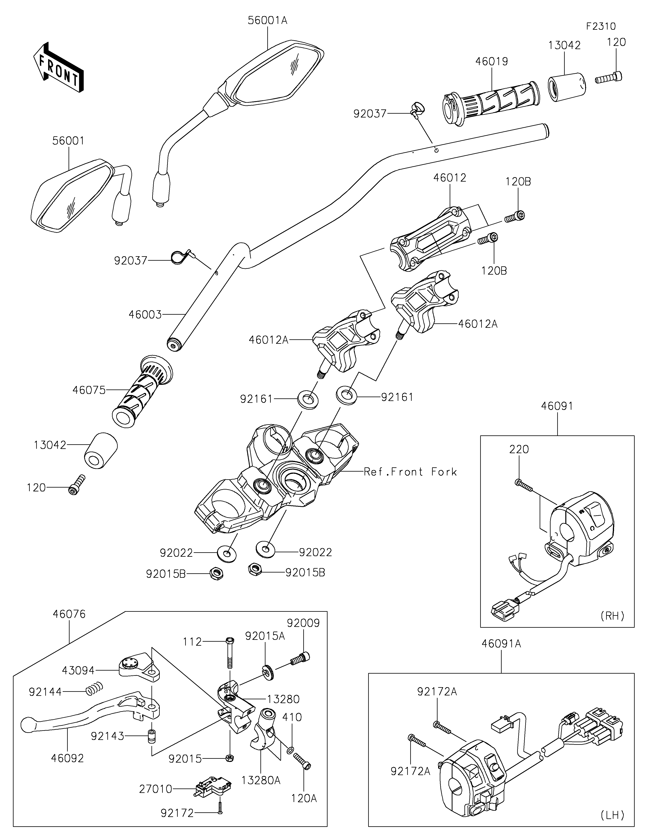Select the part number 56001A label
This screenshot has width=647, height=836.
click(x=267, y=20)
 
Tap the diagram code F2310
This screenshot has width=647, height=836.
click(x=601, y=26)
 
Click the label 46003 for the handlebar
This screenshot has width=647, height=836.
click(x=145, y=315)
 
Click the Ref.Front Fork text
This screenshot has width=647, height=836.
click(x=410, y=472)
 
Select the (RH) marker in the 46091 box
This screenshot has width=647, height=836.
click(x=612, y=616)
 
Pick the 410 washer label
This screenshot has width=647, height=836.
click(x=292, y=717)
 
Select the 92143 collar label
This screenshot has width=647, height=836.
click(x=107, y=736)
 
